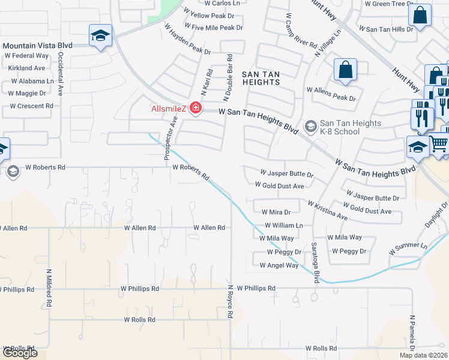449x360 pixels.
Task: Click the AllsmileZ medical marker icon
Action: (195, 108)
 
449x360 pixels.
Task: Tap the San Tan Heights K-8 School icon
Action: (311, 125)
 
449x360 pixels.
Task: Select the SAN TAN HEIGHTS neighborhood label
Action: (261, 74)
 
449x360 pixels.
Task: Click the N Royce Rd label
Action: (229, 301)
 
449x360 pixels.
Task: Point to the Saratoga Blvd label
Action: (314, 262)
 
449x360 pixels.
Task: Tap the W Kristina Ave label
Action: (327, 210)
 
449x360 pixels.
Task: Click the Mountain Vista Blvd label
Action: (37, 45)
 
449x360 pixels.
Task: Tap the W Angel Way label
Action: (279, 265)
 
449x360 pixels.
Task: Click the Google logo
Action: (20, 353)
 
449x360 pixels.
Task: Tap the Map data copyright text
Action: (424, 355)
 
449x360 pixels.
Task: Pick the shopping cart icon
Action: (439, 145)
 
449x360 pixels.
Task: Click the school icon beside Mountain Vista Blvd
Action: (100, 35)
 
